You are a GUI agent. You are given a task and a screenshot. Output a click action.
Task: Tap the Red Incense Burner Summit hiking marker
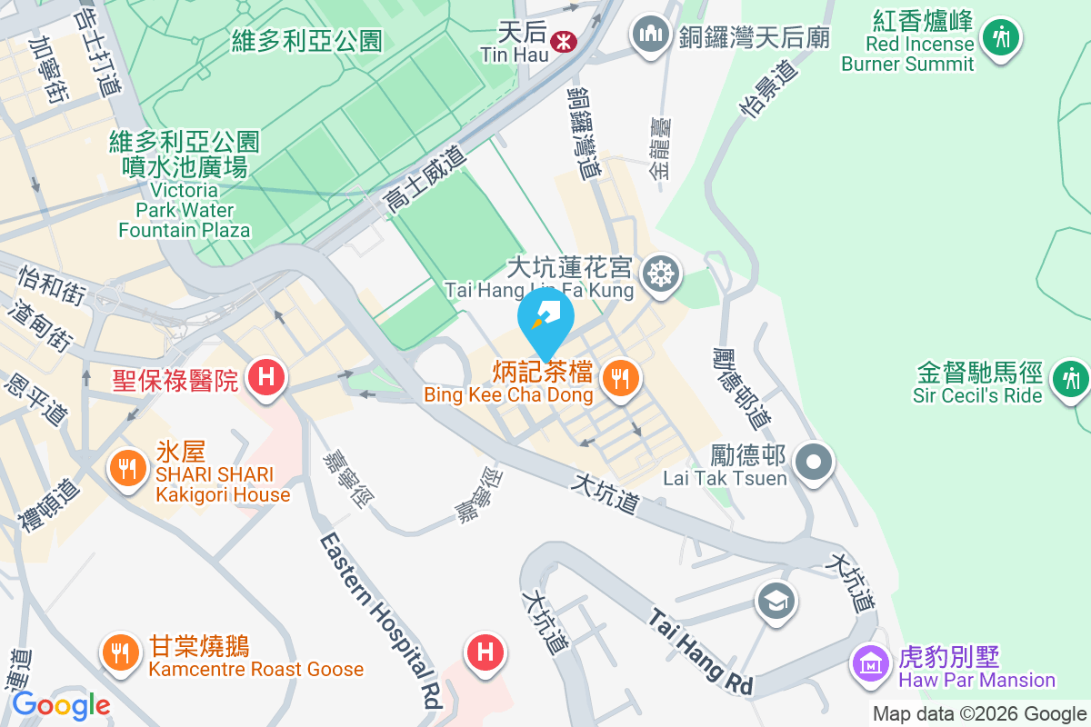click(x=1001, y=37)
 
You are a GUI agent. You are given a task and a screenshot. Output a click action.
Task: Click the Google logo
click(x=61, y=705)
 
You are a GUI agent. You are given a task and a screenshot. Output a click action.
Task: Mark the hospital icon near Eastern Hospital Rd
click(x=485, y=652)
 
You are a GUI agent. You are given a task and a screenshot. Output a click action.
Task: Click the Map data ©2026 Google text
click(x=979, y=714)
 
